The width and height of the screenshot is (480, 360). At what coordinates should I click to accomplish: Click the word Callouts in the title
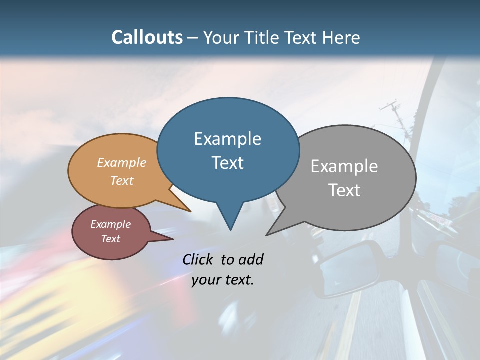pyautogui.click(x=147, y=37)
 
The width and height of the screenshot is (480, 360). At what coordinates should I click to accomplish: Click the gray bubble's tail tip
pyautogui.click(x=267, y=235)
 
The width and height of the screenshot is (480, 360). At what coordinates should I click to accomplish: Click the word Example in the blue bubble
pyautogui.click(x=227, y=139)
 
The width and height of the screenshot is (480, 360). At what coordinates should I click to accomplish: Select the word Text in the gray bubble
pyautogui.click(x=344, y=190)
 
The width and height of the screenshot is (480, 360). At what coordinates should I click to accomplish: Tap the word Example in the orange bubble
pyautogui.click(x=122, y=163)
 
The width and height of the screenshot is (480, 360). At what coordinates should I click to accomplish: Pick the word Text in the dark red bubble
pyautogui.click(x=111, y=239)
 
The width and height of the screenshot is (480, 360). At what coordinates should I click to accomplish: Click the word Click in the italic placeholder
pyautogui.click(x=199, y=259)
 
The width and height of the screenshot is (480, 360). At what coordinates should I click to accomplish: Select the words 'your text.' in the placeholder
pyautogui.click(x=223, y=280)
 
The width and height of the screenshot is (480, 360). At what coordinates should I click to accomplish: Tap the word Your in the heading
pyautogui.click(x=222, y=37)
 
